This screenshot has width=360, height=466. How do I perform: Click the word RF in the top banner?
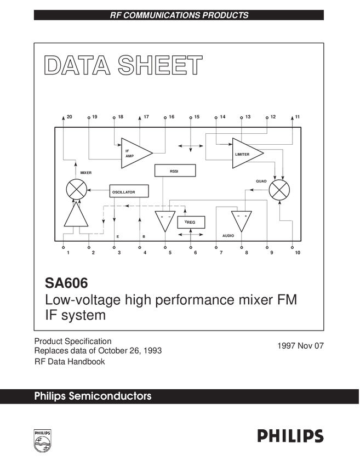coord(116,15)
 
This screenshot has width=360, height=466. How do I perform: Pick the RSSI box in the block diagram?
coord(174,171)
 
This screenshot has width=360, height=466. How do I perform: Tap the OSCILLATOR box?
coord(129,191)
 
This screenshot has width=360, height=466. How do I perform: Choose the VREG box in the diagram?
coord(191,221)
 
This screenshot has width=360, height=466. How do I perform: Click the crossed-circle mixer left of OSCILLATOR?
coord(76,190)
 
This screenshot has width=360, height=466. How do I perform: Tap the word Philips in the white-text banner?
coord(50,396)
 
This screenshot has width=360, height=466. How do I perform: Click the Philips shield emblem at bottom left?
coord(42,440)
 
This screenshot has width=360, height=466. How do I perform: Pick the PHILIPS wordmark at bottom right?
coord(290,436)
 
